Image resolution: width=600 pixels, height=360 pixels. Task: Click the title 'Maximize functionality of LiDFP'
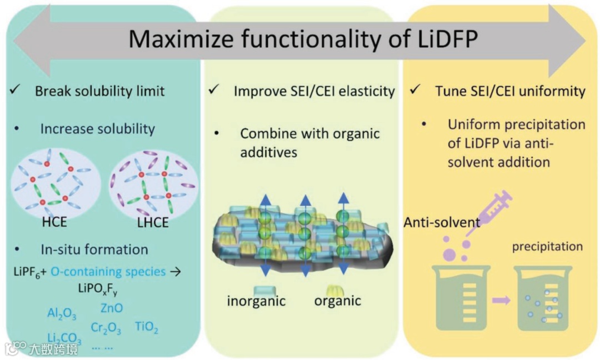click(x=303, y=39)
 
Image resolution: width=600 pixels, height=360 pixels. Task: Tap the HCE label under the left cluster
click(x=54, y=222)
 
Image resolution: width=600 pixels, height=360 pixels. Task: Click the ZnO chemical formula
click(x=112, y=308)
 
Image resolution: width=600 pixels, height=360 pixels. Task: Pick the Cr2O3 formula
click(x=106, y=328)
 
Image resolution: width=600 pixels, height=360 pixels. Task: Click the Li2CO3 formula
click(x=64, y=338)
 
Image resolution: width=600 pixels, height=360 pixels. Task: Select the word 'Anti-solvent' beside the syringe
click(x=442, y=223)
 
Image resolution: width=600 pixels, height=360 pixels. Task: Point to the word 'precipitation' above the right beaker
click(x=547, y=246)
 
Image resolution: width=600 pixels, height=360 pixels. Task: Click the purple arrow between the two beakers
click(x=501, y=301)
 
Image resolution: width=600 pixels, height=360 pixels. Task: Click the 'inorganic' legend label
click(x=256, y=301)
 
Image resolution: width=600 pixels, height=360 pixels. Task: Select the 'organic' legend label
click(x=337, y=301)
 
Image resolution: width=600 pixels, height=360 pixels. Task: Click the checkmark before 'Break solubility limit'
click(x=16, y=90)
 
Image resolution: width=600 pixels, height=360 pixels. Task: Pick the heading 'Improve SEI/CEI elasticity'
click(x=314, y=91)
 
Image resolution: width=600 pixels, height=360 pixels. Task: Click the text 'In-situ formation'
click(x=94, y=249)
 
